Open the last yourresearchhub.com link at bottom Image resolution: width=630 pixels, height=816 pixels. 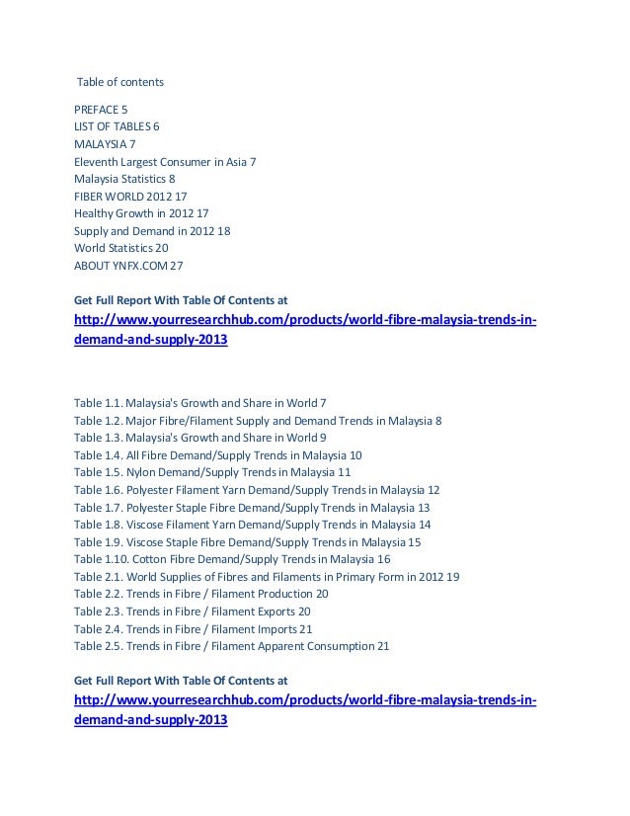(x=306, y=710)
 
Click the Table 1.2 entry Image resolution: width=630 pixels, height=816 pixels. (x=258, y=420)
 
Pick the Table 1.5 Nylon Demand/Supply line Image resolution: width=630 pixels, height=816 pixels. (x=212, y=472)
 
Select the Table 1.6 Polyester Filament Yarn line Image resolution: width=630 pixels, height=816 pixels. (x=257, y=490)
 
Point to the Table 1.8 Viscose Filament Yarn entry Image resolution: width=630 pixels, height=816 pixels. (x=252, y=525)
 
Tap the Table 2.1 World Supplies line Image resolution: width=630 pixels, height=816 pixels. (x=266, y=577)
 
